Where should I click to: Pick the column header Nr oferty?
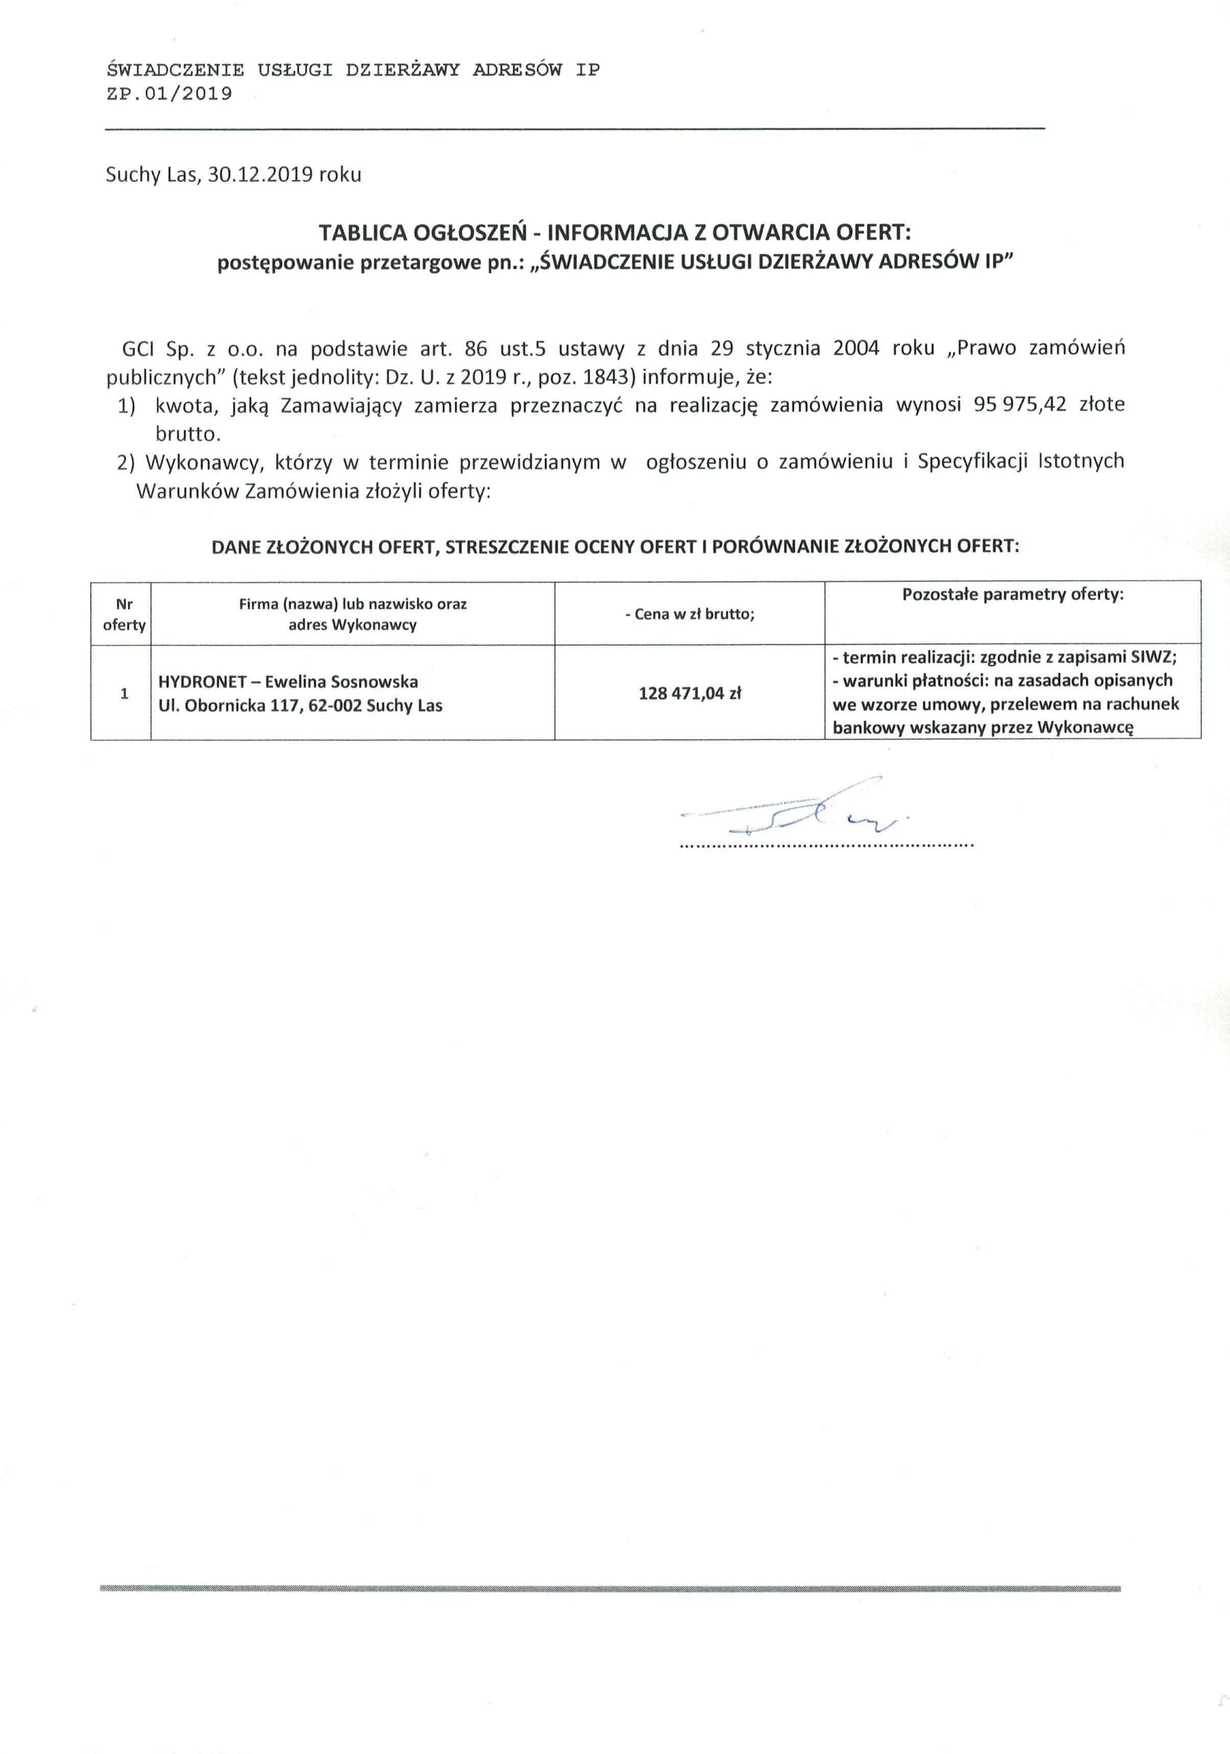pos(124,614)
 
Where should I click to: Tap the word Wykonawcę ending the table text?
pos(1085,727)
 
